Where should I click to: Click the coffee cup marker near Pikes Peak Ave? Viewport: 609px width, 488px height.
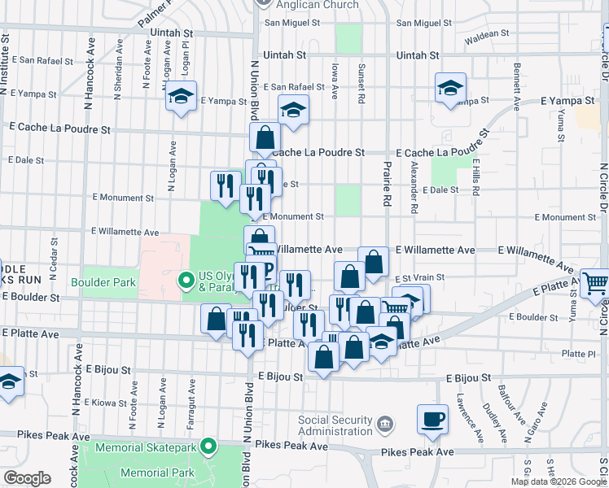click(432, 419)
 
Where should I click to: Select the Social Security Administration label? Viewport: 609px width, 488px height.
click(334, 425)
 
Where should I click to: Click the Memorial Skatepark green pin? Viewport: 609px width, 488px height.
click(209, 447)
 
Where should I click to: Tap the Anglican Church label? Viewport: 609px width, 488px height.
click(317, 5)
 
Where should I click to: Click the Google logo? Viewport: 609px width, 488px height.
click(27, 478)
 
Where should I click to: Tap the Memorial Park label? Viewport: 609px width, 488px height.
click(157, 473)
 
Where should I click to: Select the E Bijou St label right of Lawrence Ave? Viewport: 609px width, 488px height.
click(468, 378)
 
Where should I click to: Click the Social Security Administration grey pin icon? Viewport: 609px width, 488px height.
click(386, 422)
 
